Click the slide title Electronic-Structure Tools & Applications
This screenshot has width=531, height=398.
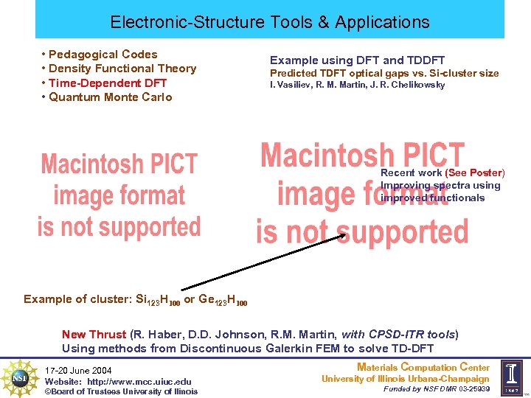pyautogui.click(x=269, y=22)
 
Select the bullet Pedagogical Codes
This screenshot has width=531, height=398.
pyautogui.click(x=103, y=54)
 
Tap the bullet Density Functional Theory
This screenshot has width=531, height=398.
pyautogui.click(x=122, y=69)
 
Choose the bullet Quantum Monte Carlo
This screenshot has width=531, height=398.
pyautogui.click(x=110, y=97)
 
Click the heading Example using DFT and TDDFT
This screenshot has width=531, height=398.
pyautogui.click(x=357, y=60)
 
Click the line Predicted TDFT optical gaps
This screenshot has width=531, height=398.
pyautogui.click(x=383, y=73)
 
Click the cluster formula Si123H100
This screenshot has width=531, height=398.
pyautogui.click(x=158, y=299)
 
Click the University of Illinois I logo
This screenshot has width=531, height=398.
pyautogui.click(x=511, y=378)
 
